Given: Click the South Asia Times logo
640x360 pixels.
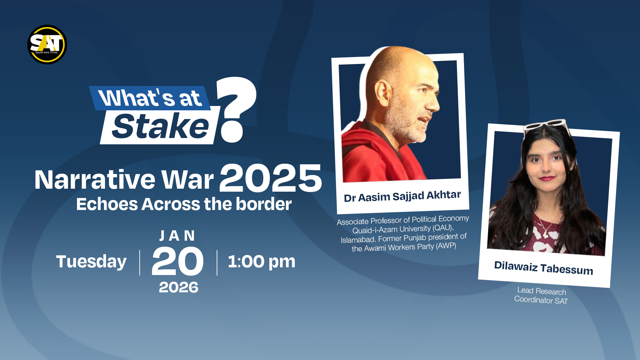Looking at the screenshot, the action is (x=47, y=44).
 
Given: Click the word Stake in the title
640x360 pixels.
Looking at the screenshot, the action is (x=160, y=126).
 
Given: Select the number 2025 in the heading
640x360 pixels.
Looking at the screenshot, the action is (x=270, y=178).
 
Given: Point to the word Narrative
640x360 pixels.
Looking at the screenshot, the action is (x=95, y=180).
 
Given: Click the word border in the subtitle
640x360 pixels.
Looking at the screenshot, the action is (x=264, y=204).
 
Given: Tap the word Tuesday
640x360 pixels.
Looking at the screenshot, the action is (x=91, y=262).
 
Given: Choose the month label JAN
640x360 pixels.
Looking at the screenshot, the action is (x=177, y=236).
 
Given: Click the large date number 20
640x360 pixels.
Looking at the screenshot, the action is (x=178, y=262).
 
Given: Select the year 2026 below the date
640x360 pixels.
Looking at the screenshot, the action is (x=178, y=287).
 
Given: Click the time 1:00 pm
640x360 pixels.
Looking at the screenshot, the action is (x=261, y=261).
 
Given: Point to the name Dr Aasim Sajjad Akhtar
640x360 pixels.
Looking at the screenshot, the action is (x=402, y=196).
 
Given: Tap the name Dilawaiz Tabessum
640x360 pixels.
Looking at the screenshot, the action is (x=544, y=268).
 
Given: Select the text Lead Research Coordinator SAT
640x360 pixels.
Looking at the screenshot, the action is (x=541, y=296).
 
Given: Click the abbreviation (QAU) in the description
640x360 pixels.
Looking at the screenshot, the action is (x=443, y=228).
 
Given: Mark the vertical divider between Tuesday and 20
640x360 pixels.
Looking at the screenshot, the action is (x=140, y=263).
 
